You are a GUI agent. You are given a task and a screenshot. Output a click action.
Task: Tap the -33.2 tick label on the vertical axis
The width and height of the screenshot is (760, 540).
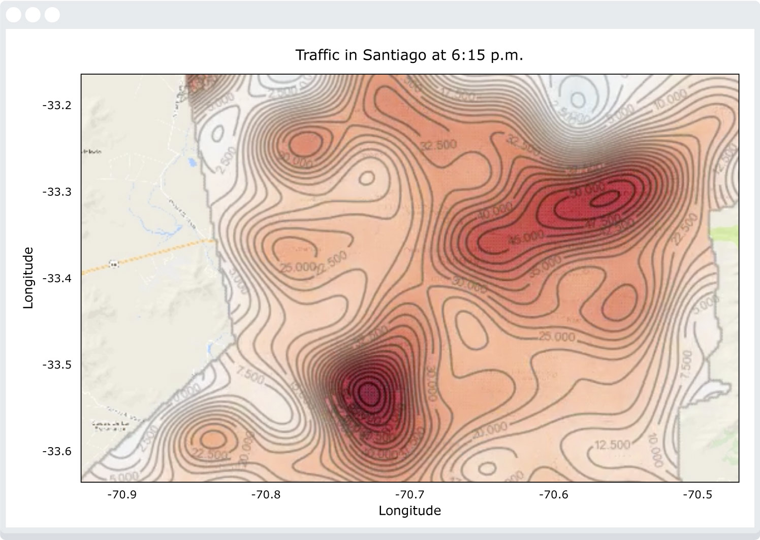57,106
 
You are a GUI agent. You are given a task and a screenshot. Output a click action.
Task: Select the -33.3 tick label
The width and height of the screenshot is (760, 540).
57,192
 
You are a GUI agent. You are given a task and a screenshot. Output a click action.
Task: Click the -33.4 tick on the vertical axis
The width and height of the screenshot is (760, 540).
57,279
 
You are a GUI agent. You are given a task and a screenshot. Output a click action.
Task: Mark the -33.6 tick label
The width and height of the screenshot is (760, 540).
57,451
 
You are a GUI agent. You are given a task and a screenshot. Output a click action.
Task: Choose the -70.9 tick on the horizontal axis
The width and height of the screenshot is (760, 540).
122,494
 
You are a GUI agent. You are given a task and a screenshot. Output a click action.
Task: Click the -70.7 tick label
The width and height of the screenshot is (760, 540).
409,494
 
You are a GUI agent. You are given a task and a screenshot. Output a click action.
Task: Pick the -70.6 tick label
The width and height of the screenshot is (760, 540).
553,494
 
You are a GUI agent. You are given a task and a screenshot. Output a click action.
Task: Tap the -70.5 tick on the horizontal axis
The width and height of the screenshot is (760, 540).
698,494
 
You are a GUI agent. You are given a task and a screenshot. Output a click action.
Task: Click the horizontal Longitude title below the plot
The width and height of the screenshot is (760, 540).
409,511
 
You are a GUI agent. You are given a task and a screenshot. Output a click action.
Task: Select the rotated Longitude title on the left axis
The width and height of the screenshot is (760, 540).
28,278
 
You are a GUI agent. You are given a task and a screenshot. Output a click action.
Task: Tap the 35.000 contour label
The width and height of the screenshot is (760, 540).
545,266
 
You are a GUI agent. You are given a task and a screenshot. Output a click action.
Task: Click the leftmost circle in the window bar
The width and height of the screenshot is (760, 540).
14,15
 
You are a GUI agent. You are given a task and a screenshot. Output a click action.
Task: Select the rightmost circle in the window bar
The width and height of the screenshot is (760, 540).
52,15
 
